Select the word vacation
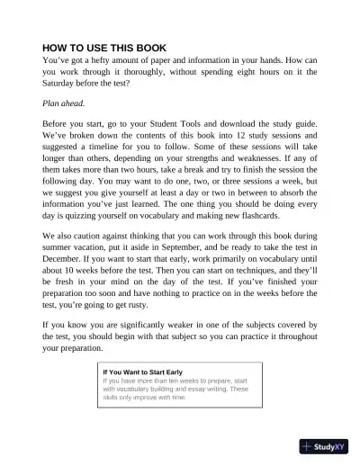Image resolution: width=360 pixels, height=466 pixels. click(x=101, y=249)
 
